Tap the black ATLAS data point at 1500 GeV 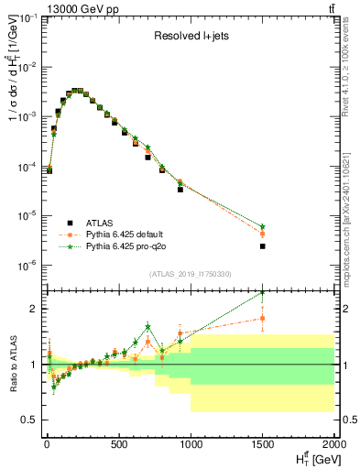click(x=263, y=246)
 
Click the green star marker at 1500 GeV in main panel click(x=263, y=226)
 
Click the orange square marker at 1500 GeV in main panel click(x=263, y=234)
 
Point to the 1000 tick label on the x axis click(x=191, y=446)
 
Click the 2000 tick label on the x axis click(x=334, y=446)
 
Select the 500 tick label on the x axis click(x=118, y=446)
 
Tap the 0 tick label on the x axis click(x=46, y=446)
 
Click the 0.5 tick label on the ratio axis click(x=30, y=420)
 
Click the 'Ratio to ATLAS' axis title click(x=11, y=364)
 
